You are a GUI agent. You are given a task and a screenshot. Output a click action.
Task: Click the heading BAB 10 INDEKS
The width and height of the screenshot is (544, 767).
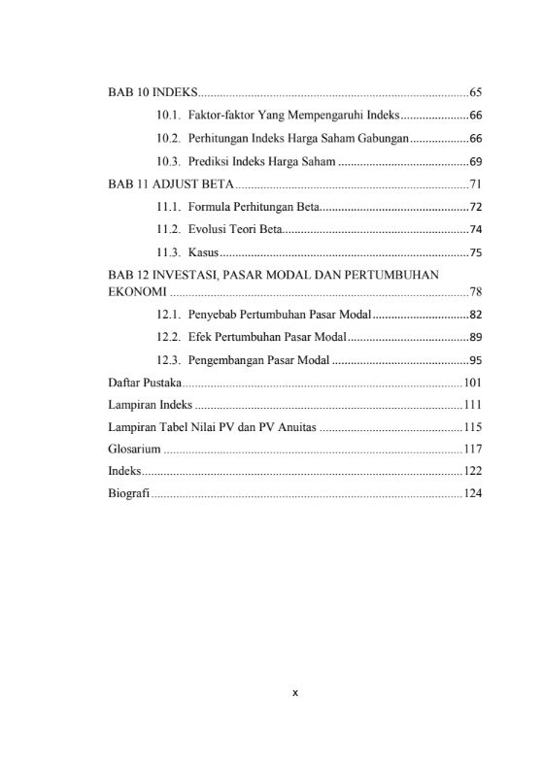pos(152,93)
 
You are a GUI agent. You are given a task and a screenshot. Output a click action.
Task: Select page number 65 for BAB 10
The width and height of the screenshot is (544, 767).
pos(476,93)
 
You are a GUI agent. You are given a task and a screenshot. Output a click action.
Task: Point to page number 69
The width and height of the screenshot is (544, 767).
pos(476,160)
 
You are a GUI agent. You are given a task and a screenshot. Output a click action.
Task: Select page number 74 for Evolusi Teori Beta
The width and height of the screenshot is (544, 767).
pos(476,230)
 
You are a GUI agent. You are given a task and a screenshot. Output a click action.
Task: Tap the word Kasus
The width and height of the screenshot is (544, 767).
pos(204,252)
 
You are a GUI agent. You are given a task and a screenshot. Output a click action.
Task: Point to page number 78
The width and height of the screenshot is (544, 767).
pos(476,291)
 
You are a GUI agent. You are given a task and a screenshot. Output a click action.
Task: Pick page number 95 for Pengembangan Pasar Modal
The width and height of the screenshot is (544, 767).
pos(476,360)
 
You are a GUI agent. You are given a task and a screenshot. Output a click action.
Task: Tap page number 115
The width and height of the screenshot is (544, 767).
pos(473,427)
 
